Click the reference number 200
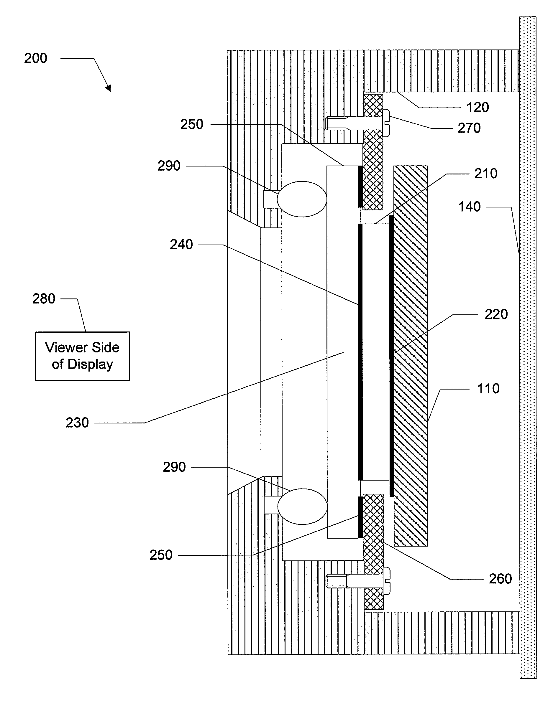click(x=35, y=58)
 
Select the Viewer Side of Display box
click(x=82, y=356)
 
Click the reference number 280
click(x=44, y=299)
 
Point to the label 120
click(x=477, y=107)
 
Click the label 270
click(x=469, y=128)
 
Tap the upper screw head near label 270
click(x=386, y=123)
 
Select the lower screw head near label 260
click(x=386, y=581)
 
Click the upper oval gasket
click(x=302, y=199)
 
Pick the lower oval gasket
click(x=302, y=506)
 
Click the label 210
click(x=486, y=174)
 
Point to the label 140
click(x=469, y=207)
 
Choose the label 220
click(x=496, y=314)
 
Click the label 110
click(x=488, y=388)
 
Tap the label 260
click(x=500, y=579)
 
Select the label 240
click(x=181, y=245)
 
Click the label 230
click(x=77, y=423)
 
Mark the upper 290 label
click(x=169, y=166)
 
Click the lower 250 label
click(x=161, y=555)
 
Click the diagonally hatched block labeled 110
click(x=411, y=356)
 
